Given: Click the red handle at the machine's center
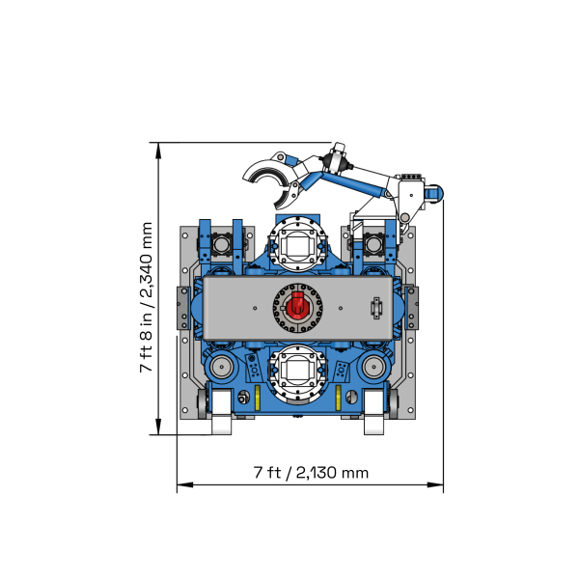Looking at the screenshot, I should click(x=298, y=309).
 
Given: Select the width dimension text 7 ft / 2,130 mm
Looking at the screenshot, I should click(x=311, y=473).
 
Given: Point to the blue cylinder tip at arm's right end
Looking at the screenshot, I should click(x=437, y=194).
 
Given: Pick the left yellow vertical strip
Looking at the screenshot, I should click(x=258, y=399).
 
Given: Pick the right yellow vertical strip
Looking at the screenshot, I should click(x=338, y=399).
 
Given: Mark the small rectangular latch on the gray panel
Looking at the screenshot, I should click(x=376, y=309).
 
